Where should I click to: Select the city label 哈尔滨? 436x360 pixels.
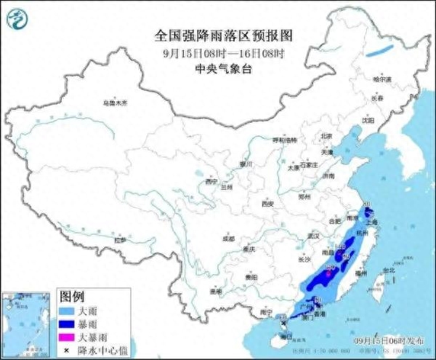tap(381, 79)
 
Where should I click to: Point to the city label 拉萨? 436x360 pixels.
tap(121, 240)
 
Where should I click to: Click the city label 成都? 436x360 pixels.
tap(229, 238)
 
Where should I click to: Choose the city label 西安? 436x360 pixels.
tap(268, 204)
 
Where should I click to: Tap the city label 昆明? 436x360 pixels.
tap(215, 291)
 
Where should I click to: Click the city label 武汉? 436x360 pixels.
tap(314, 236)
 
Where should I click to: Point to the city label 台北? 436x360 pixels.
tap(387, 271)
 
